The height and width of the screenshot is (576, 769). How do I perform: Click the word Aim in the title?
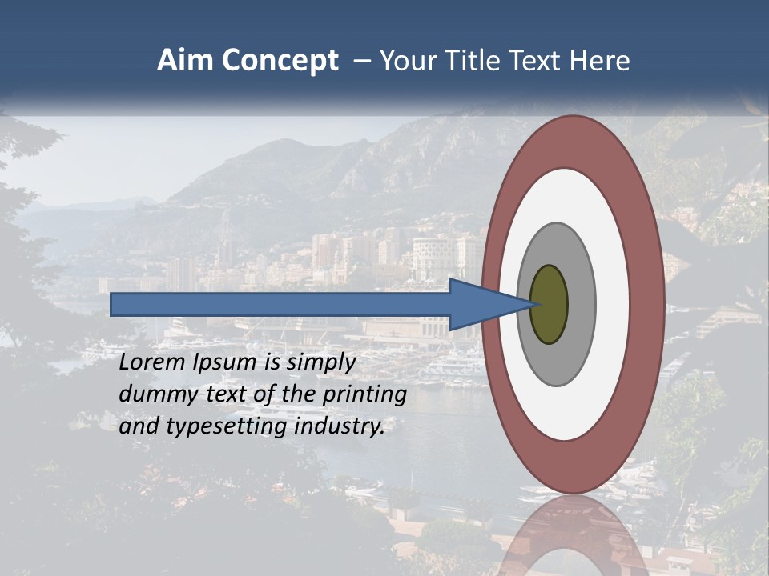click(x=187, y=61)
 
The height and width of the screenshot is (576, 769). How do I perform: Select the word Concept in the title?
click(x=281, y=62)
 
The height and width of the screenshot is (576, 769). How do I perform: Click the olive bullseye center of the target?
click(x=549, y=305)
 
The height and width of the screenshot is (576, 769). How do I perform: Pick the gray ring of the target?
click(x=581, y=305)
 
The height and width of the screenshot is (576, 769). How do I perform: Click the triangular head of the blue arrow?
click(x=481, y=305)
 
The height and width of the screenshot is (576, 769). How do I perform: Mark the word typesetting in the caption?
click(x=227, y=427)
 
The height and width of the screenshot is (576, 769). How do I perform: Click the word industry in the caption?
click(x=340, y=427)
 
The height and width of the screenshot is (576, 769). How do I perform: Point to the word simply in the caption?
click(x=320, y=363)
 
